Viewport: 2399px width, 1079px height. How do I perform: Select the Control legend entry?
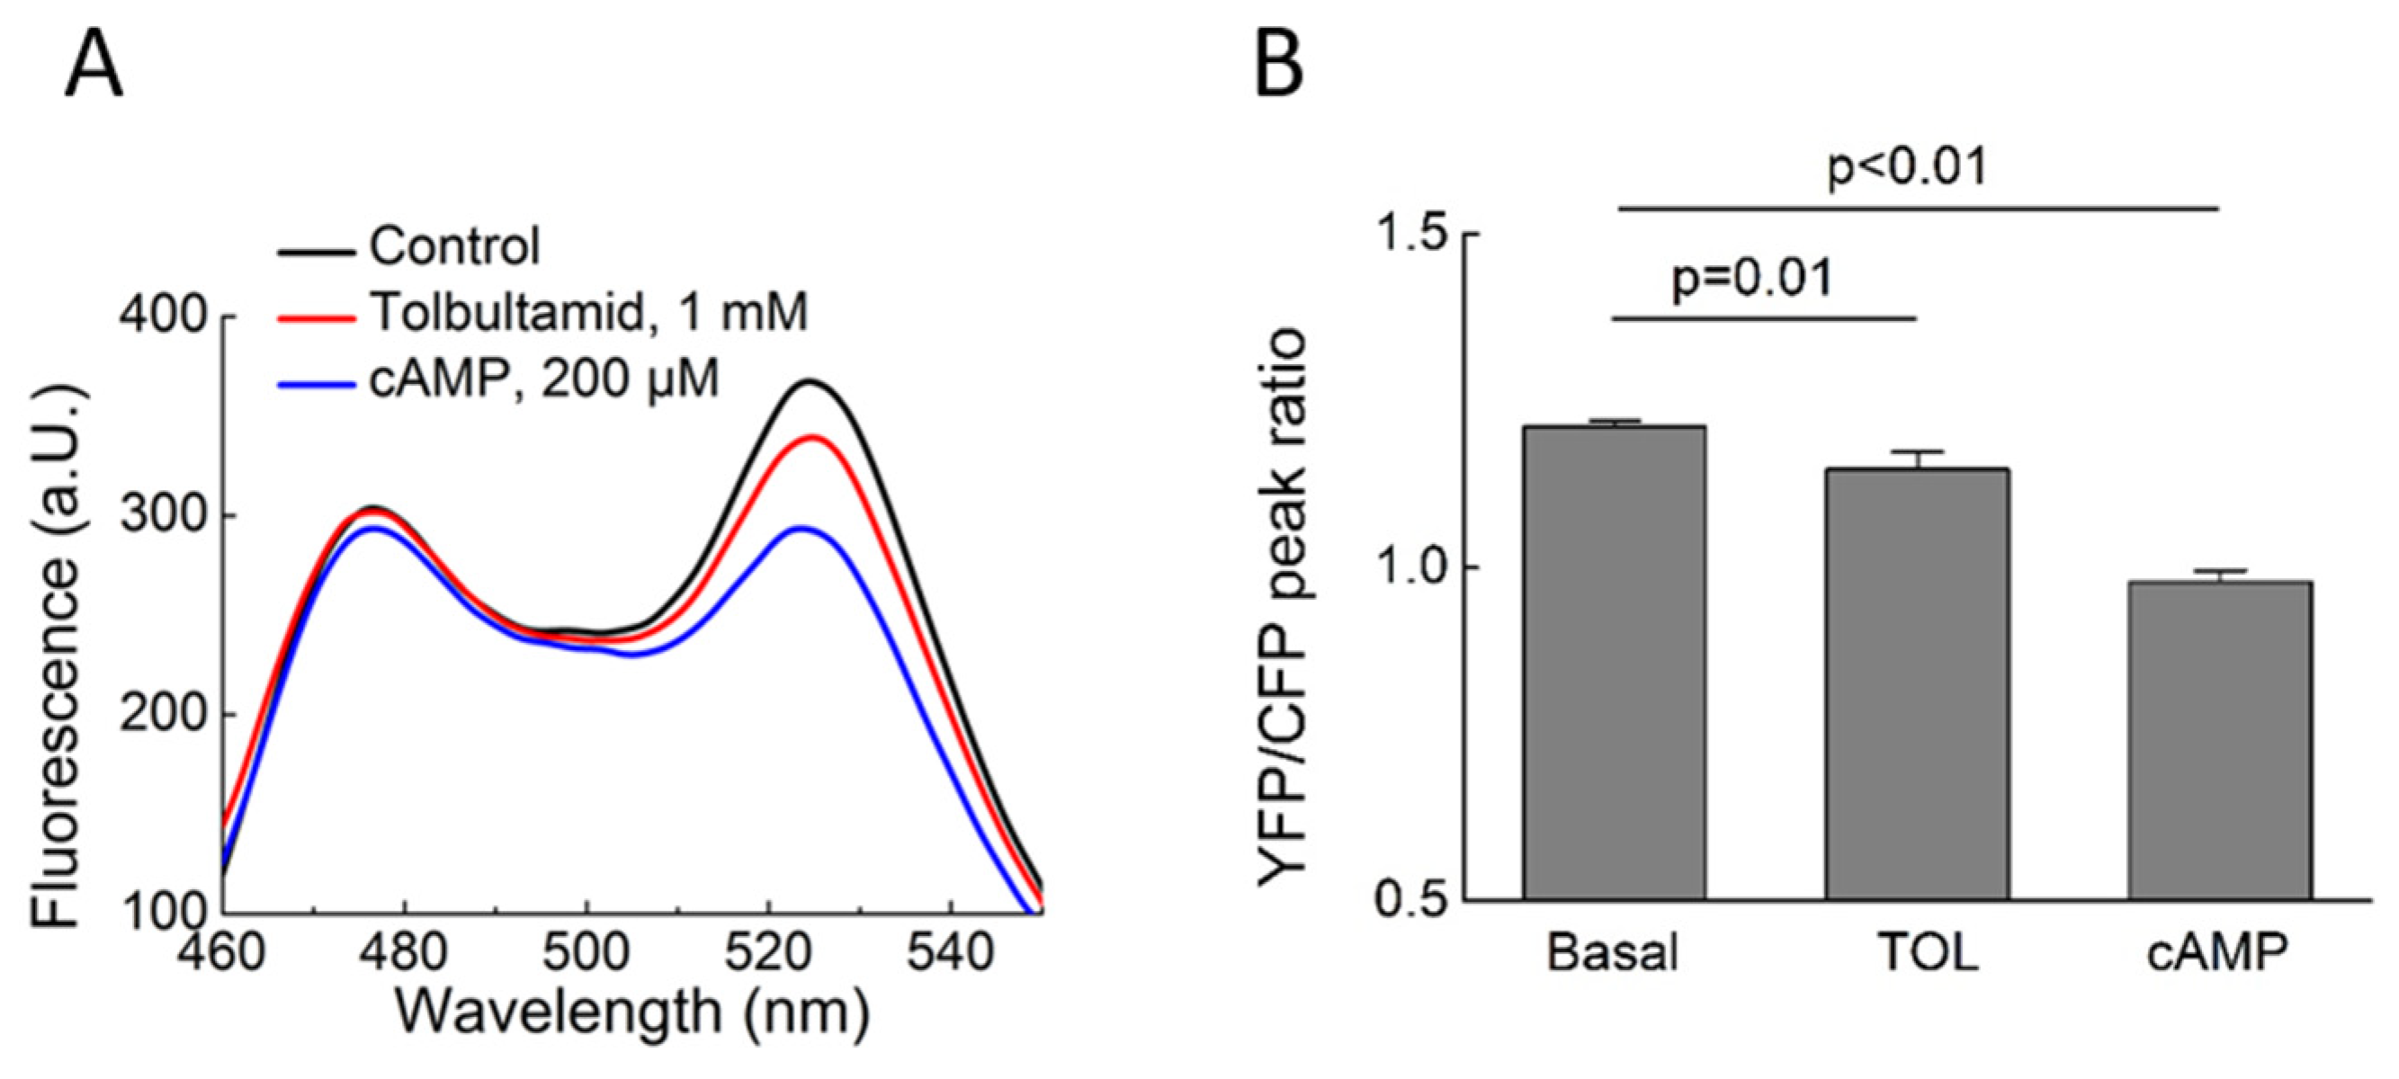(453, 246)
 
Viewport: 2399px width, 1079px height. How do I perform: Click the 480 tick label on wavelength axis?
(403, 953)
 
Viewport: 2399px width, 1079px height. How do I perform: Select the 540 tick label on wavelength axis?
(949, 953)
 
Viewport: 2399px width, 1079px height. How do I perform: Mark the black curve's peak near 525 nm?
(810, 382)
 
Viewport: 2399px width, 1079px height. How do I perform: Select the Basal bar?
(1614, 661)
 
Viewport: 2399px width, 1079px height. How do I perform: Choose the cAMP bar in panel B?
(2218, 739)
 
